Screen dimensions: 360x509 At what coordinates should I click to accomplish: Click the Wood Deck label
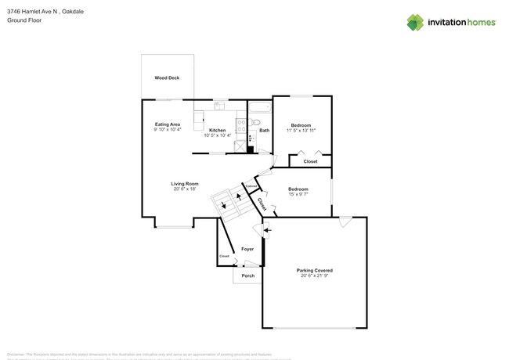click(x=167, y=78)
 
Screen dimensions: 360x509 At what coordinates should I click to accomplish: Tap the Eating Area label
click(x=168, y=124)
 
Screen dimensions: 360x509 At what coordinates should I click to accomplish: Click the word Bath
click(x=265, y=131)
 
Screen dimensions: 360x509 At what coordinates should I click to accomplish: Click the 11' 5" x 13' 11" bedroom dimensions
click(x=301, y=131)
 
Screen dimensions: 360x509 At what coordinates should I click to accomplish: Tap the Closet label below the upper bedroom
click(x=310, y=161)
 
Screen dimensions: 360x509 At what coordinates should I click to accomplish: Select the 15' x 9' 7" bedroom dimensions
click(x=298, y=194)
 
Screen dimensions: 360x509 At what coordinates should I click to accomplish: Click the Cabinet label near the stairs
click(x=251, y=185)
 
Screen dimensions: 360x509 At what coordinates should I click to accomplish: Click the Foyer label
click(x=247, y=249)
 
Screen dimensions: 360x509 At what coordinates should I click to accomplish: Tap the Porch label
click(x=247, y=275)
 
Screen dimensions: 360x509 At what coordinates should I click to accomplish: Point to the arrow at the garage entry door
click(x=267, y=230)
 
